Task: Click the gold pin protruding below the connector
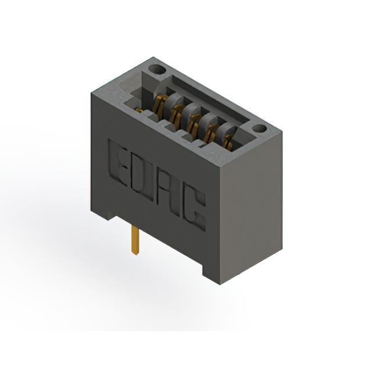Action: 134,240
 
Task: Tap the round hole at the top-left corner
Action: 157,70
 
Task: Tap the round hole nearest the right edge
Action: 260,128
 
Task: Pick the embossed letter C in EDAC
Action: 194,209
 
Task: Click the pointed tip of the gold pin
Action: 135,255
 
